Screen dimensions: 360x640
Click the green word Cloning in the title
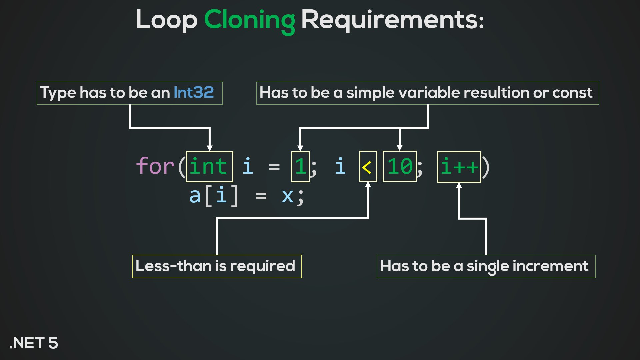pyautogui.click(x=249, y=20)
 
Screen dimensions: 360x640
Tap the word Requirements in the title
pyautogui.click(x=392, y=20)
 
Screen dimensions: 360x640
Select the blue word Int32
pyautogui.click(x=194, y=92)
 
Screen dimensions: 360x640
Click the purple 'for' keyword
pyautogui.click(x=155, y=166)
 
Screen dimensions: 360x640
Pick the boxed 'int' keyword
pyautogui.click(x=209, y=166)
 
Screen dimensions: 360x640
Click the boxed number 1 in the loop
pyautogui.click(x=300, y=166)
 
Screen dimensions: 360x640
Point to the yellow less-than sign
pyautogui.click(x=368, y=167)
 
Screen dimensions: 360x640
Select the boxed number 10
pyautogui.click(x=399, y=166)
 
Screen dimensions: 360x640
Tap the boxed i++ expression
pyautogui.click(x=459, y=166)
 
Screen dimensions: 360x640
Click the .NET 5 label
pyautogui.click(x=34, y=343)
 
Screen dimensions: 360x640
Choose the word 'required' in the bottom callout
pyautogui.click(x=262, y=266)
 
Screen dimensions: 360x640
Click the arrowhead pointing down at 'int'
pyautogui.click(x=209, y=148)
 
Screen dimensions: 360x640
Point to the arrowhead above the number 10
pyautogui.click(x=399, y=148)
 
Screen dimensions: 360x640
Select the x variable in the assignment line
pyautogui.click(x=287, y=196)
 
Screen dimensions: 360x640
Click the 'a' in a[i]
pyautogui.click(x=195, y=196)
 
